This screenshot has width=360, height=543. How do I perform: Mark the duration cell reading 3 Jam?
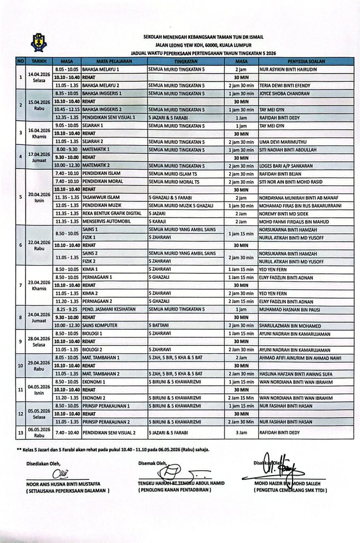[234, 436]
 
